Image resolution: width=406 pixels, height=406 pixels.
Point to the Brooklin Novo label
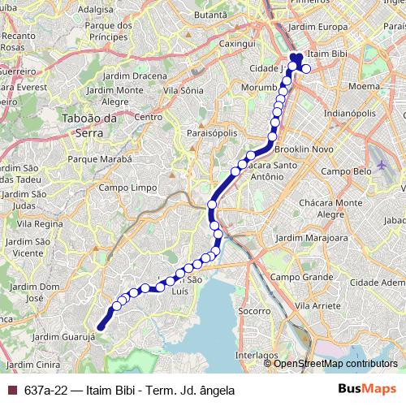tap(304, 150)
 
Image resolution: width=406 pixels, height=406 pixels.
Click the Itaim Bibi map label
tap(329, 54)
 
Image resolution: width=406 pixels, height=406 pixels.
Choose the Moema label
tap(363, 85)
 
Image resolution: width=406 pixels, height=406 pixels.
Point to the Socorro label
tap(255, 310)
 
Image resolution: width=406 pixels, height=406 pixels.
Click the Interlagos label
tap(257, 355)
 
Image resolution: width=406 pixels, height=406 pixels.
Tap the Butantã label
tap(214, 15)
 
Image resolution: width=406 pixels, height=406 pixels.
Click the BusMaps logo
tap(366, 390)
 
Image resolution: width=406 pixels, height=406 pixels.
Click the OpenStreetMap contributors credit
tap(335, 364)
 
